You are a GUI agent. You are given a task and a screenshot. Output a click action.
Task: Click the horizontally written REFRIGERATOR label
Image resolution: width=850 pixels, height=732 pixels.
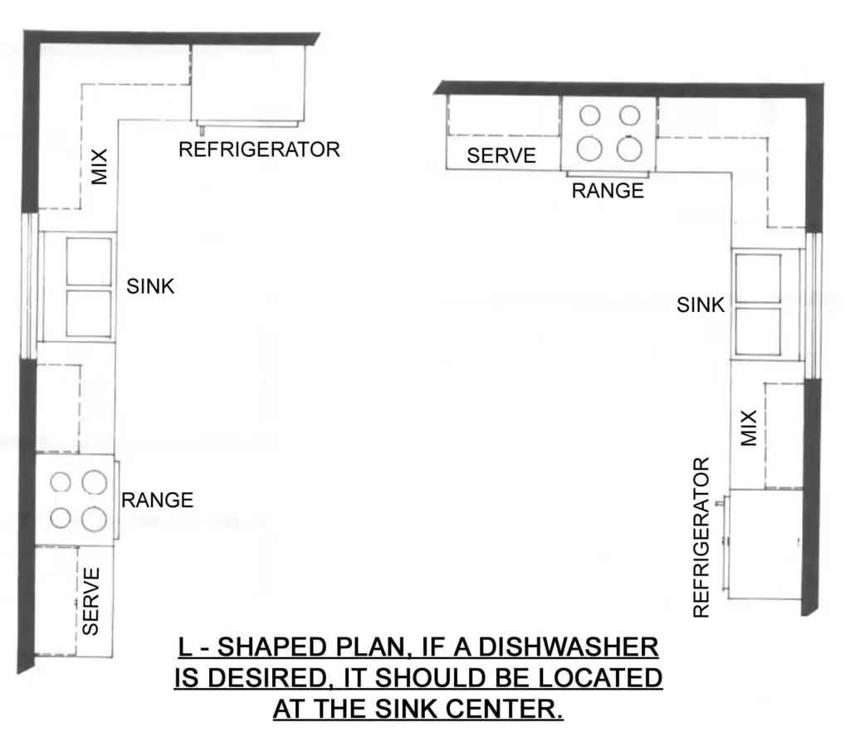260,150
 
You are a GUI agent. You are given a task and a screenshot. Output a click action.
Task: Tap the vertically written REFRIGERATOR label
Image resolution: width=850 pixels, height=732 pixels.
702,537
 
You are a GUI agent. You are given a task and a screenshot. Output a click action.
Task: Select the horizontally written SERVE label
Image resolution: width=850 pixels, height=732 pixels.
501,156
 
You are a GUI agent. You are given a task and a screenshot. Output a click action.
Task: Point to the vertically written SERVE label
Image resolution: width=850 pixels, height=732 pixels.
91,601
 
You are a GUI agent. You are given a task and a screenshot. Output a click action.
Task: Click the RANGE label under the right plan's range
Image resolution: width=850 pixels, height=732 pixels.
608,191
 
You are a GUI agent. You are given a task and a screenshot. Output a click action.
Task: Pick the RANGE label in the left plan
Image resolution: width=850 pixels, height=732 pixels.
157,500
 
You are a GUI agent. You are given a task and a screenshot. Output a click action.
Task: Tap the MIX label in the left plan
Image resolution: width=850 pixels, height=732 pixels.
100,166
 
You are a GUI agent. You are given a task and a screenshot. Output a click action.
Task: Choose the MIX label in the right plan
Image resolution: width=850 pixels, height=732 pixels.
749,428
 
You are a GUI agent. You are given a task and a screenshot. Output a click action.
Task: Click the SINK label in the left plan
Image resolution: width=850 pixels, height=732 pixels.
150,287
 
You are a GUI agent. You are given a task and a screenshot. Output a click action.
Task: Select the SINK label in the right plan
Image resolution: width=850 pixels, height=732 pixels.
701,305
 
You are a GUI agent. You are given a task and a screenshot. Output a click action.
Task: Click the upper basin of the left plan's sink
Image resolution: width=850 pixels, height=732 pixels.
88,261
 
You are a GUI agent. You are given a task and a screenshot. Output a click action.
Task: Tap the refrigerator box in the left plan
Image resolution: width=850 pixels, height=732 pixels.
248,82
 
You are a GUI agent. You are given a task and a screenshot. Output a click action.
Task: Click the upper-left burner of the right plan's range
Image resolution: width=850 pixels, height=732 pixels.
590,115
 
